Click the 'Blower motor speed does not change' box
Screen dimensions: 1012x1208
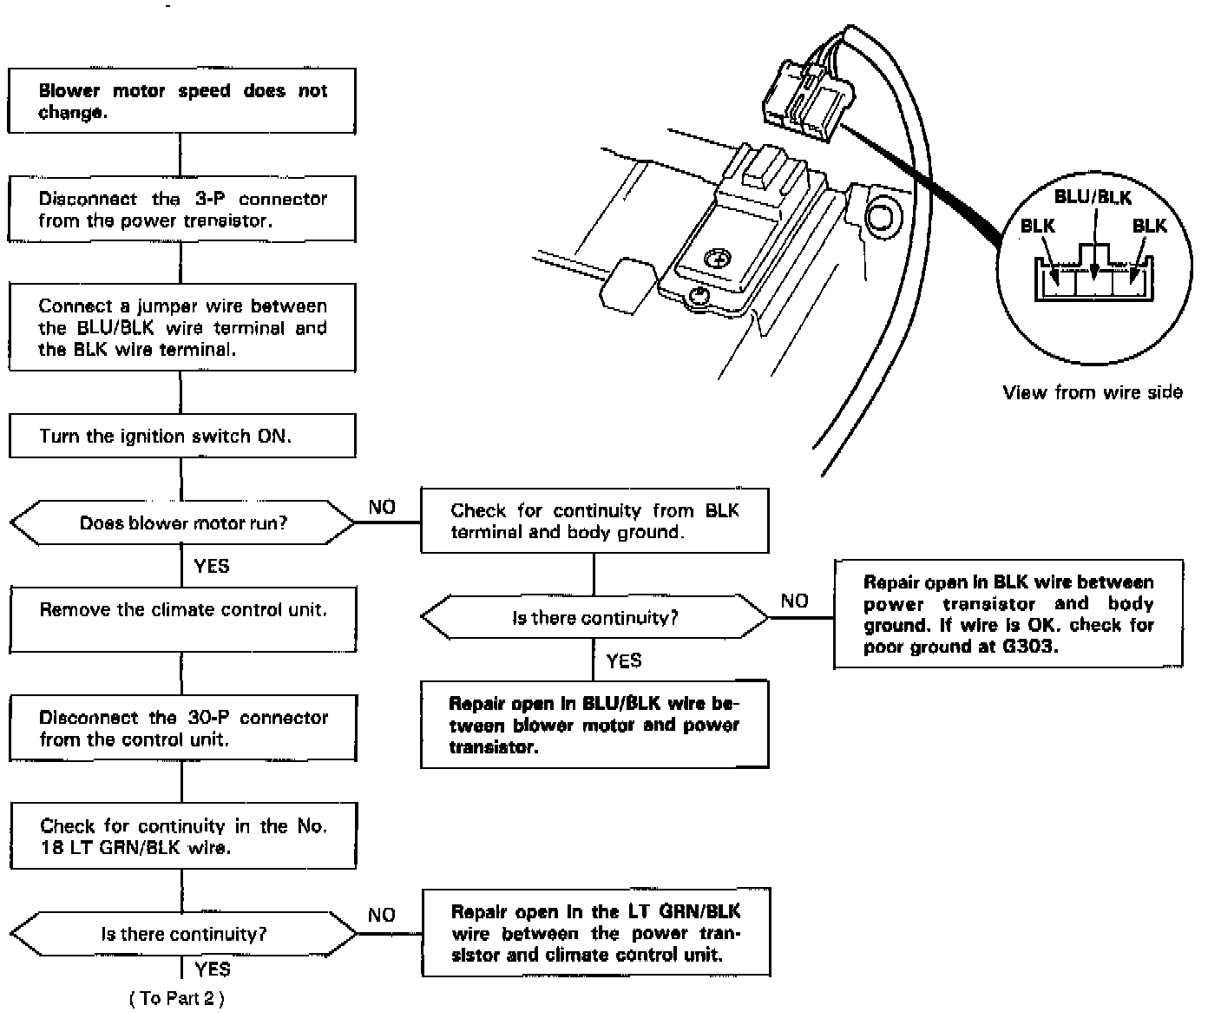click(x=181, y=102)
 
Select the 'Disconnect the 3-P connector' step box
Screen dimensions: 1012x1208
click(x=181, y=209)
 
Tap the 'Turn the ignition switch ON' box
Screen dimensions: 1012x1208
click(x=181, y=436)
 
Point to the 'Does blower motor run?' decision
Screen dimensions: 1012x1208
click(x=182, y=523)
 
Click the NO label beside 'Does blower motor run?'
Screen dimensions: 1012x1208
click(x=382, y=508)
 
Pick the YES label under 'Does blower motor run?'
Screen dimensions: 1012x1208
click(x=212, y=567)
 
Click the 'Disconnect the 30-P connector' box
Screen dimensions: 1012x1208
click(x=182, y=728)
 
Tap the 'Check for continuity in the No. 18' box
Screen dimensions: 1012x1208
click(x=182, y=837)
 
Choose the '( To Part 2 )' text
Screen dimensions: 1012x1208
click(x=177, y=999)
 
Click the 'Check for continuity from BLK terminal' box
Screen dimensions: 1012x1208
click(x=594, y=521)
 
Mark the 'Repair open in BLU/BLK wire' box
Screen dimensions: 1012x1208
click(x=594, y=725)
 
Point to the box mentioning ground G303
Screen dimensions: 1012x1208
click(x=1008, y=614)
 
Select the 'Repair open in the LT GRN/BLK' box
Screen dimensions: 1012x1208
click(x=595, y=933)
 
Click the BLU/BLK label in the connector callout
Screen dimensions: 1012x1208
click(x=1093, y=198)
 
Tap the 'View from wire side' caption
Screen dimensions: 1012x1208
click(x=1093, y=393)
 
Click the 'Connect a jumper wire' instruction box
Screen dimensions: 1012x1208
click(x=181, y=328)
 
